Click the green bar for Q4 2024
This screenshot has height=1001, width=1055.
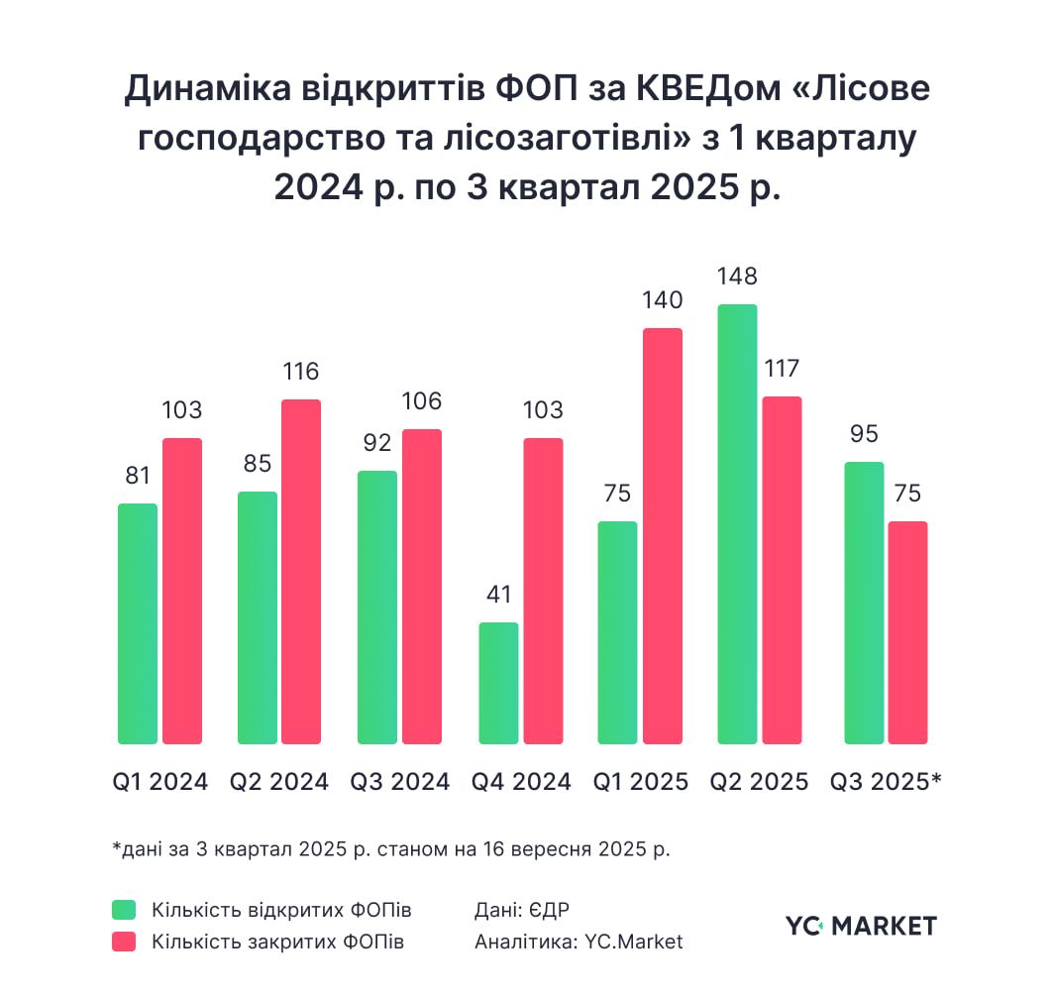(498, 683)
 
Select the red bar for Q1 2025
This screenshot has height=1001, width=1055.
(663, 535)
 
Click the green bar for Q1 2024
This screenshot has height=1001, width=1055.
(138, 623)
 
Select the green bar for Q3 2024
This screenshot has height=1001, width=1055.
(377, 607)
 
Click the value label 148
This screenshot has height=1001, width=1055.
(737, 277)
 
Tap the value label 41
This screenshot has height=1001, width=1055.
(498, 595)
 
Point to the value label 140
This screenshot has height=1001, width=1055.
(663, 300)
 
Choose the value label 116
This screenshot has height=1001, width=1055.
(301, 372)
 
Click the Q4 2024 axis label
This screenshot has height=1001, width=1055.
(521, 781)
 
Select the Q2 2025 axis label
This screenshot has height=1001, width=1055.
(759, 781)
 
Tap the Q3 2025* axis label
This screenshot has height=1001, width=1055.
(886, 781)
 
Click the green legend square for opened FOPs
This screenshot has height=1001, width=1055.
(123, 910)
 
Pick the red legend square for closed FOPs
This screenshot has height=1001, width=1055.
(123, 942)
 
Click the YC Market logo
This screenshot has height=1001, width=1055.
(861, 926)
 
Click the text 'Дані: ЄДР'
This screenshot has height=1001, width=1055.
(522, 910)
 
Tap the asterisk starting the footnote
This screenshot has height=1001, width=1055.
(116, 848)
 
